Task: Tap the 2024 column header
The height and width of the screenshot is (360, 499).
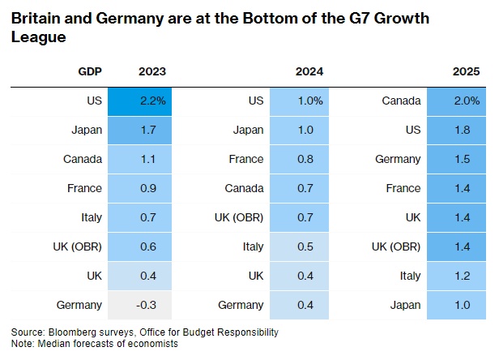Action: [x=309, y=71]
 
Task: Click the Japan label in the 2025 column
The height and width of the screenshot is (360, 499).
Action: [x=405, y=306]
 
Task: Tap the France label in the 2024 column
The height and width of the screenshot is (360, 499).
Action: [x=247, y=159]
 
